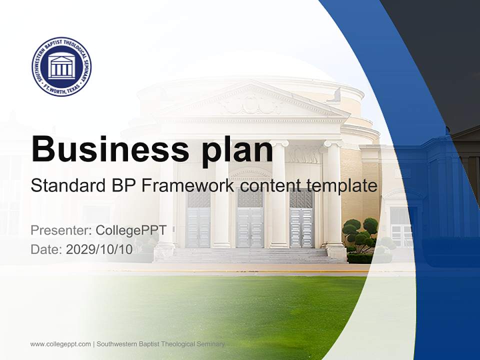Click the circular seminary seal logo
(x=61, y=66)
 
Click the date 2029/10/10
(x=99, y=249)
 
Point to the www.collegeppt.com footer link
(x=60, y=344)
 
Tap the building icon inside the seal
(x=61, y=67)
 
